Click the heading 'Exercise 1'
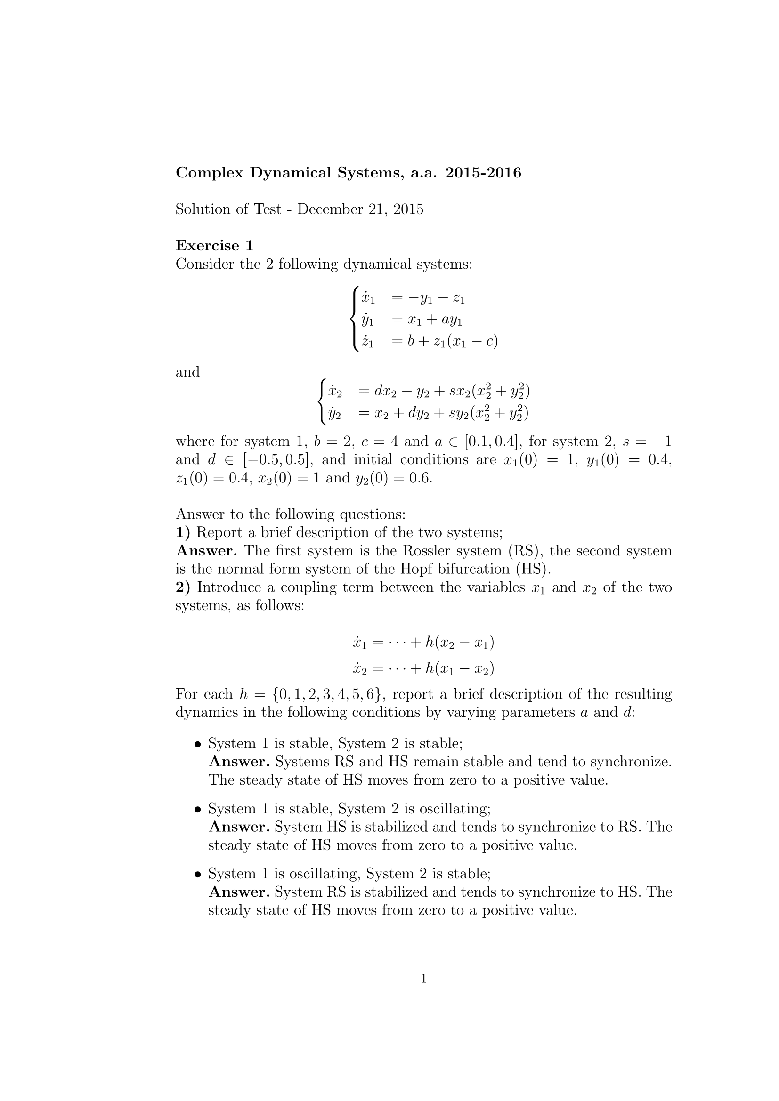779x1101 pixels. click(x=214, y=246)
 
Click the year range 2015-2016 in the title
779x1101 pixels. click(x=483, y=173)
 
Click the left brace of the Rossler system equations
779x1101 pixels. click(x=355, y=319)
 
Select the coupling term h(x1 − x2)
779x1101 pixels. click(x=460, y=668)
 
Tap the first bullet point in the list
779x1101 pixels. click(x=197, y=744)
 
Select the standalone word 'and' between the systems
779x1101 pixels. click(x=187, y=372)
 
